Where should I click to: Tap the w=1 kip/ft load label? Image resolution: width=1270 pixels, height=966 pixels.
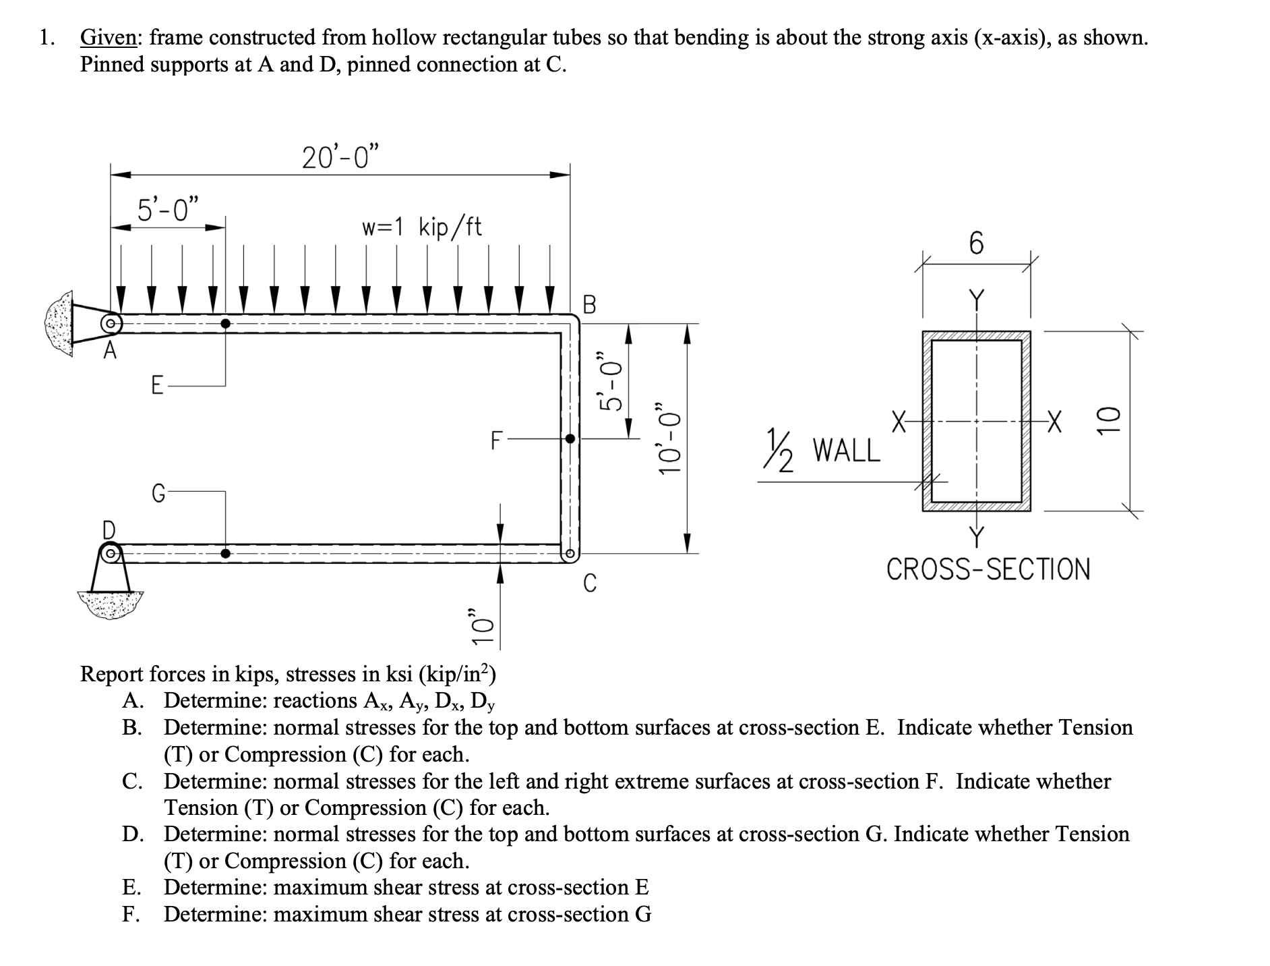(x=422, y=227)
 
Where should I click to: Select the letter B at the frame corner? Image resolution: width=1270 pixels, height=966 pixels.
(x=588, y=305)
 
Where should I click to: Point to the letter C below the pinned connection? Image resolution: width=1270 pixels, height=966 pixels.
(x=589, y=583)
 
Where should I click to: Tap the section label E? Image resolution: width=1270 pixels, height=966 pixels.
(x=156, y=386)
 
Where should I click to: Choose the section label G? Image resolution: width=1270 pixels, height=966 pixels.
(x=157, y=494)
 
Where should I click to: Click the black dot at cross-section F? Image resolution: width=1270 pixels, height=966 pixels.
(x=570, y=438)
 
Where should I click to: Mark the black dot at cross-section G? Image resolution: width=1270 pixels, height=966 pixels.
(x=225, y=554)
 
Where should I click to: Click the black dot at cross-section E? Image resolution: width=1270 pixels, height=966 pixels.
(x=225, y=324)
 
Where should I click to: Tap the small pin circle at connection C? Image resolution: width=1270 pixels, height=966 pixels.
(x=570, y=554)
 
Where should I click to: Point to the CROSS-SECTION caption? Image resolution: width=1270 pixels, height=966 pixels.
(x=988, y=569)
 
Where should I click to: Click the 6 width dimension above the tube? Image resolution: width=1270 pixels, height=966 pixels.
(x=976, y=243)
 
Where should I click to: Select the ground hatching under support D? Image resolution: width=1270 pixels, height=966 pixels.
(x=110, y=602)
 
